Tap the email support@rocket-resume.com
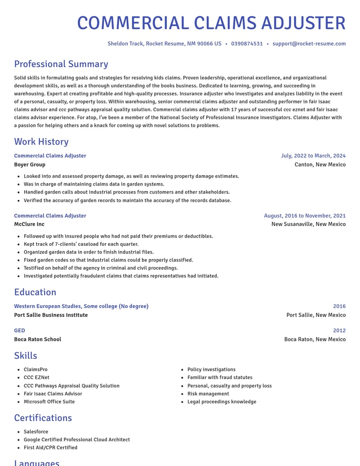309,44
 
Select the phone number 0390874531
247,44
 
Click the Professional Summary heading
61,64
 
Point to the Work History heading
41,142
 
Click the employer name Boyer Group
30,164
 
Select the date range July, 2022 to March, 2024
313,156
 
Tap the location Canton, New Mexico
320,164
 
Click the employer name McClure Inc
29,224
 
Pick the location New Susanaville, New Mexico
308,224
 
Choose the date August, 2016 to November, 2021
305,216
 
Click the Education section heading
35,292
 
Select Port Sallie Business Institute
51,315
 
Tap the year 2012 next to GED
339,330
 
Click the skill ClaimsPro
36,370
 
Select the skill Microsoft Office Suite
49,402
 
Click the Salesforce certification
36,432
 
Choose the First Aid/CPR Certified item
50,448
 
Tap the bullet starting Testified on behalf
100,268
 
